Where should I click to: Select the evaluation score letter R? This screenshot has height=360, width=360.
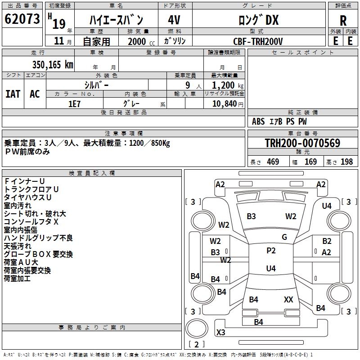point(343,21)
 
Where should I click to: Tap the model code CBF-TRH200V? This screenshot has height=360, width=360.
point(258,41)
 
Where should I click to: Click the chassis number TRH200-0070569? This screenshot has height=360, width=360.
point(302,143)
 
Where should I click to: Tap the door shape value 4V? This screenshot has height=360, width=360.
point(174,20)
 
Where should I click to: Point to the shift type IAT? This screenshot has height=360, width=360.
point(13,94)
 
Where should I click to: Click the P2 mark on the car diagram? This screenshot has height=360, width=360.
point(271,251)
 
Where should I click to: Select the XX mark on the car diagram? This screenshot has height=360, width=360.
point(288,299)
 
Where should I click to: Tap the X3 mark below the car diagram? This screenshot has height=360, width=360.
point(221,333)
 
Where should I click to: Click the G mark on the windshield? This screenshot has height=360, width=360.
point(284,237)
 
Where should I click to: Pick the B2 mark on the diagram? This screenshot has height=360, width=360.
point(327,241)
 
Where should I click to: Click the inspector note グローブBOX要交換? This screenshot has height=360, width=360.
point(38,254)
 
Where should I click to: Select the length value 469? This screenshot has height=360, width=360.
point(273,162)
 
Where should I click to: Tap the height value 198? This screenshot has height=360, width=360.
point(347,162)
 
